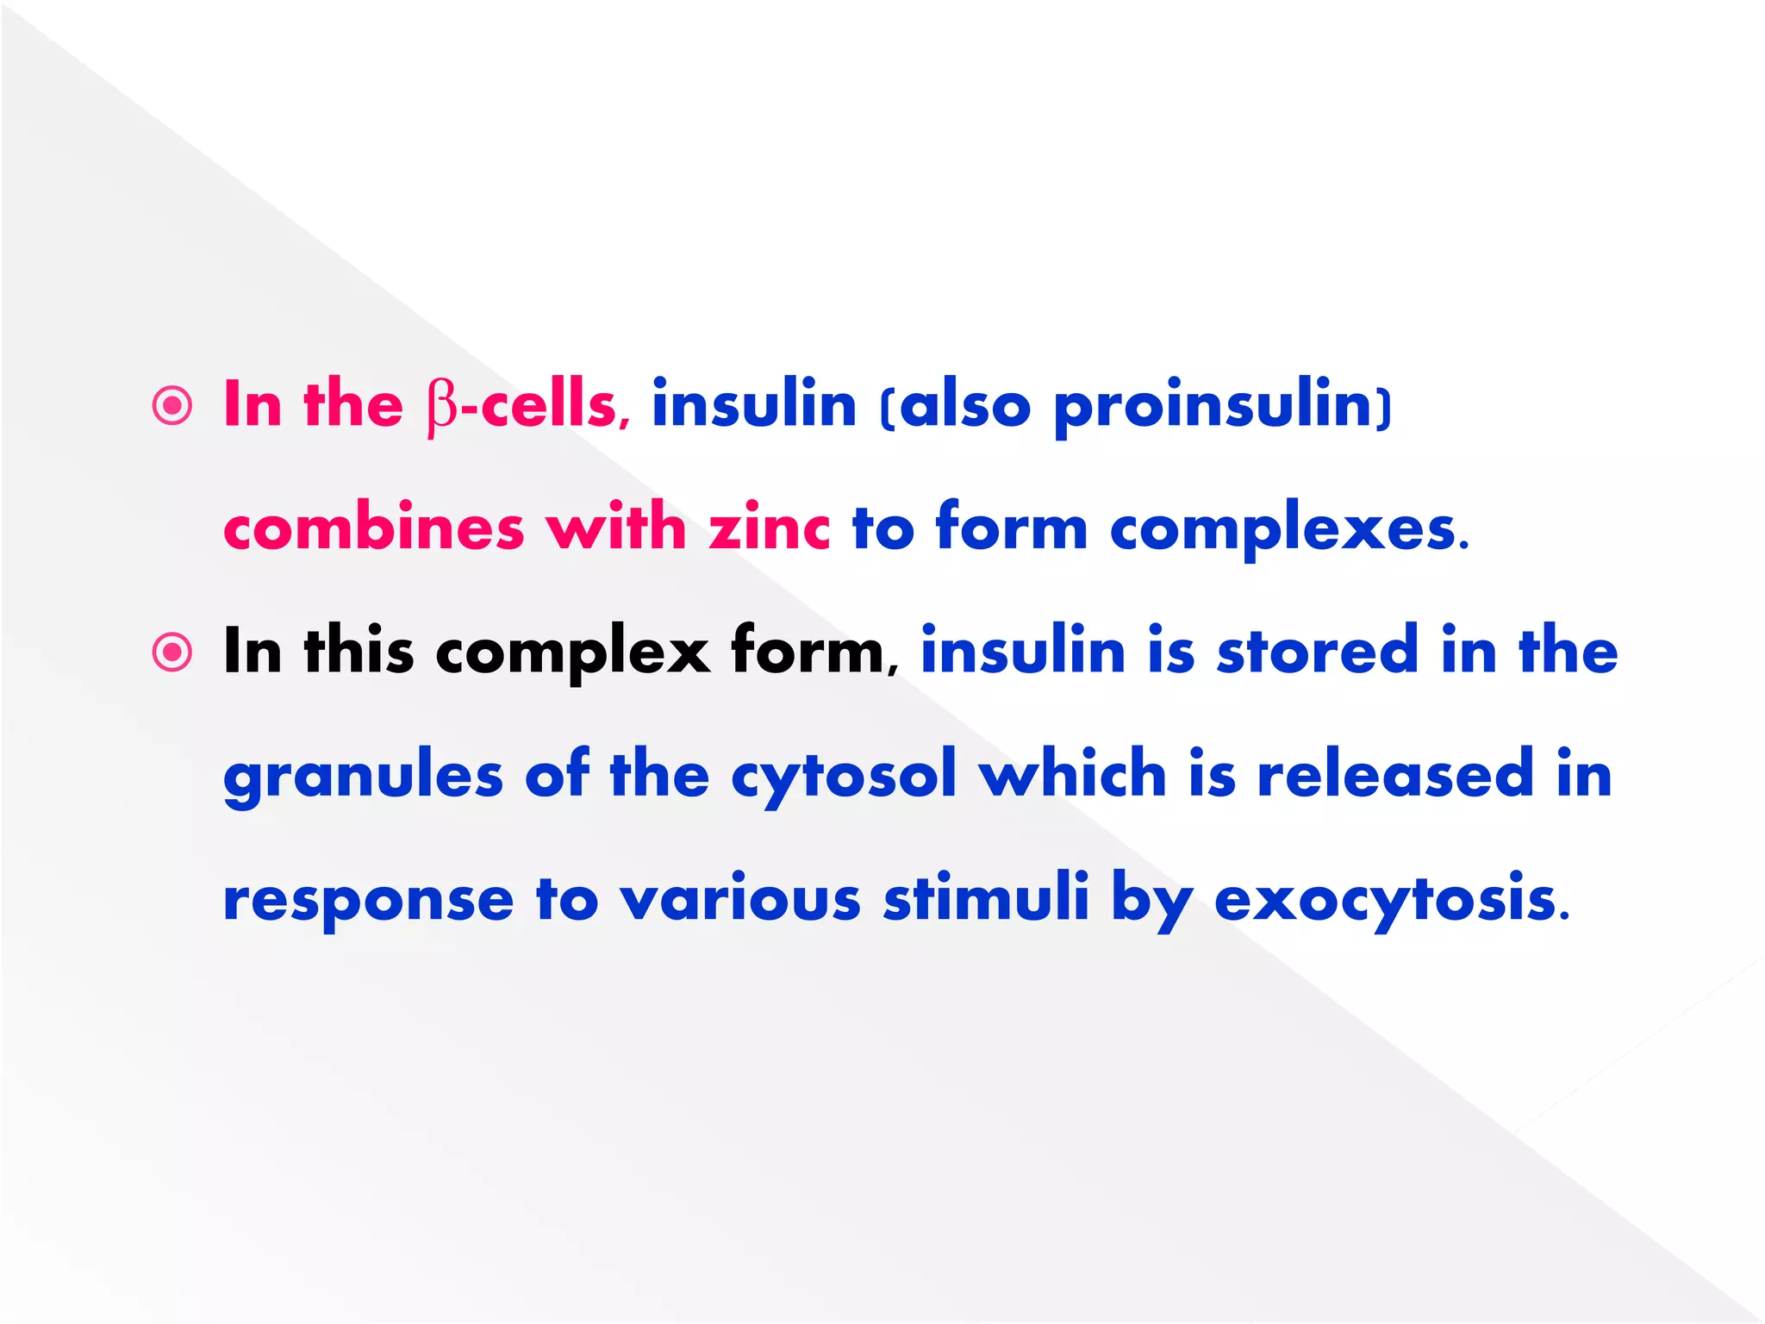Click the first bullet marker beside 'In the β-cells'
pos(172,405)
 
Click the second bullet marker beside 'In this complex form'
pos(172,653)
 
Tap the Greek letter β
pos(442,407)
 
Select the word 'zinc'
pos(769,528)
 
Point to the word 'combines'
pos(373,528)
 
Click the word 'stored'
pos(1316,651)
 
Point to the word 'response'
pos(368,900)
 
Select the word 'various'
pos(740,898)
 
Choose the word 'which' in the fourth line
pos(1072,774)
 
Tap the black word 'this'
pos(359,651)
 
